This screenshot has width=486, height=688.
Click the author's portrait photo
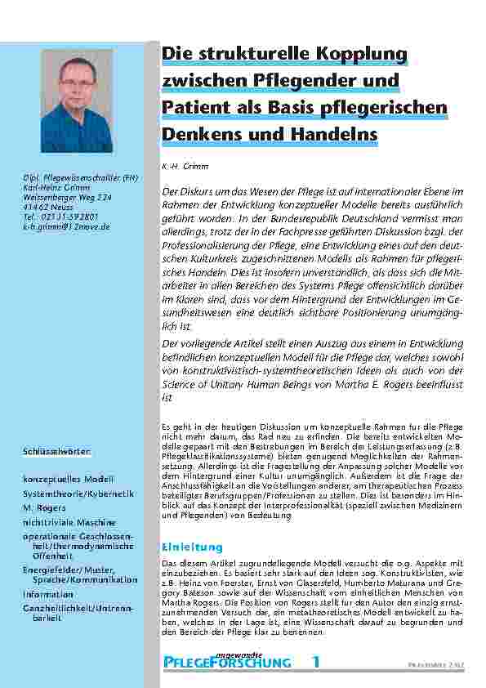pos(77,101)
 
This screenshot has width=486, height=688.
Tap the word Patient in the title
pos(196,107)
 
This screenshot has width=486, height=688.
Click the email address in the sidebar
pos(66,226)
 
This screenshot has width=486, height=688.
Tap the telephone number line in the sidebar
pos(62,217)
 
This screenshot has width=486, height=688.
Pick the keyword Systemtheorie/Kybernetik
pos(78,494)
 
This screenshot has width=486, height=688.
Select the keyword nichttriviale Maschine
pos(72,522)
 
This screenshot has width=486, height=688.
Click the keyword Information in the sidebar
pos(48,594)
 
